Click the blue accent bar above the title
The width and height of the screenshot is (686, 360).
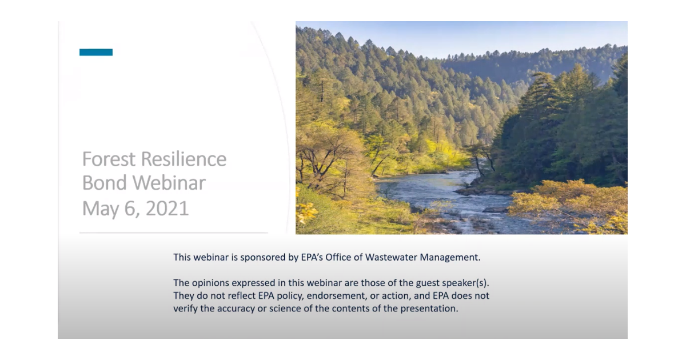(x=96, y=53)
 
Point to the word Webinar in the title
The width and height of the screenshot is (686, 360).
(x=170, y=183)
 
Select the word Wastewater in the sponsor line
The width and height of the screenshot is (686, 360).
(x=389, y=257)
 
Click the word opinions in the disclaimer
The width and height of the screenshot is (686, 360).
(x=209, y=283)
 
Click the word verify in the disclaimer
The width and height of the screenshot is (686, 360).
(x=185, y=309)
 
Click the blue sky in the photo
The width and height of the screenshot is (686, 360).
(x=457, y=37)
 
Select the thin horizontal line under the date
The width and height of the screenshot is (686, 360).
(x=173, y=233)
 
